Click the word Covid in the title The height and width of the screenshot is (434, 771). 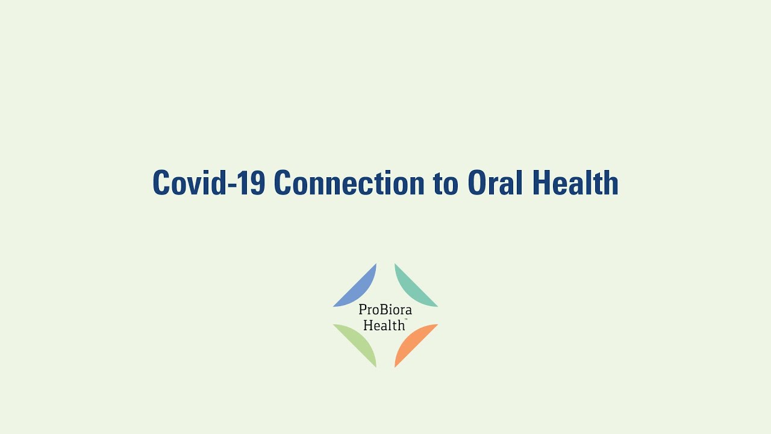click(x=189, y=183)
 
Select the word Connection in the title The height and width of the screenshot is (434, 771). click(x=349, y=183)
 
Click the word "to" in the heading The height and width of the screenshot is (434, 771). click(x=445, y=184)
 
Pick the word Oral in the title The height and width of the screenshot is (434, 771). click(x=495, y=183)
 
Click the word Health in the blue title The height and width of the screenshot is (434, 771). click(x=575, y=183)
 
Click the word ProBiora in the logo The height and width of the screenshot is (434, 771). click(x=385, y=310)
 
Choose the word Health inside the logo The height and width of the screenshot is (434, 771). click(x=384, y=325)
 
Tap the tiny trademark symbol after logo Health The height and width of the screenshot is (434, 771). click(x=406, y=319)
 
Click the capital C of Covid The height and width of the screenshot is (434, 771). click(x=162, y=183)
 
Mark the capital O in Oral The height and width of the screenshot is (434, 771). click(x=478, y=183)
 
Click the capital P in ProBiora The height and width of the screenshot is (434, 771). click(x=363, y=310)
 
